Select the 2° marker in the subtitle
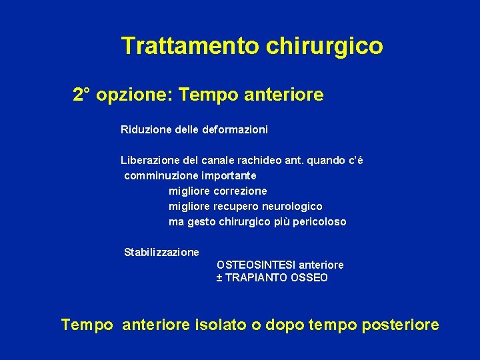(82, 95)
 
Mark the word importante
(226, 175)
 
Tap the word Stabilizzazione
(161, 252)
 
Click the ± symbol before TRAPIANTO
(219, 278)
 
